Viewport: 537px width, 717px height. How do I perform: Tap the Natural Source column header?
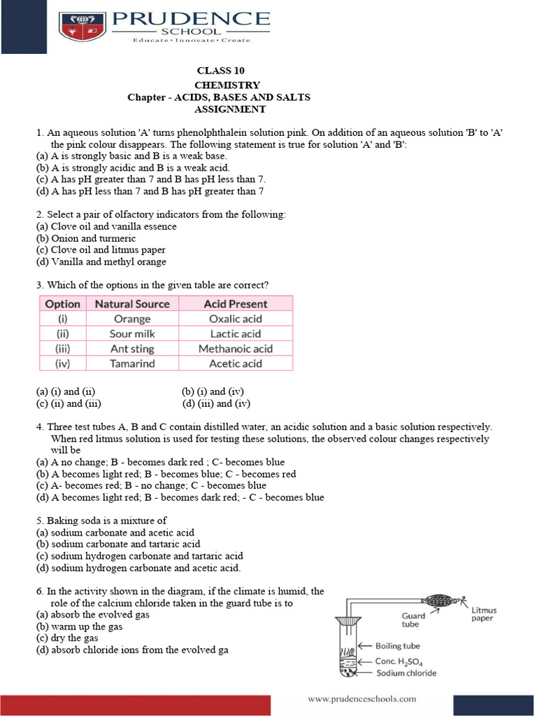click(132, 304)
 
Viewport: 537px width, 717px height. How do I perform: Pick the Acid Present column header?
click(236, 304)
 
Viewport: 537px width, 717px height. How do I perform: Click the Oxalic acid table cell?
click(236, 319)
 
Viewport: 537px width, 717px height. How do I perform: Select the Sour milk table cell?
click(132, 334)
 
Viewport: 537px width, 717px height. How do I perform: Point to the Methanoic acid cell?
click(236, 349)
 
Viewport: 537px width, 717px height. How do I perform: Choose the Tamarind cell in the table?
click(132, 363)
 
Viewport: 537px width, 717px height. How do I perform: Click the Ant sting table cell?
click(132, 349)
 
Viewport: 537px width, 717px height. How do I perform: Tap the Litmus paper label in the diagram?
click(483, 614)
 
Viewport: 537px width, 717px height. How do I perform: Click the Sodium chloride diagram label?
click(406, 674)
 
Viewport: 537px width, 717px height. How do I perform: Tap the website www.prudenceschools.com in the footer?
click(362, 698)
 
